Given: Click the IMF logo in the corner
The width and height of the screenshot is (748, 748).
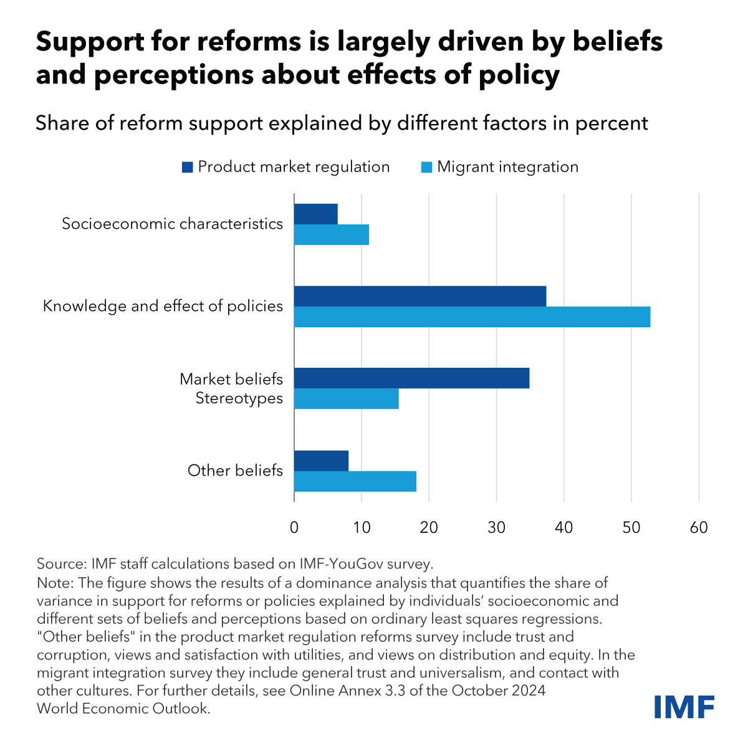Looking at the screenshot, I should [x=684, y=707].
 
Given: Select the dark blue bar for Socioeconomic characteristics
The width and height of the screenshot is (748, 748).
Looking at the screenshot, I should [x=315, y=214].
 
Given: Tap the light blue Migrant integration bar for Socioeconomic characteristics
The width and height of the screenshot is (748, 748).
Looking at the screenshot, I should [x=331, y=234].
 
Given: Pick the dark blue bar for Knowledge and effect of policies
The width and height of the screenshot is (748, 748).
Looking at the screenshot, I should [x=420, y=296].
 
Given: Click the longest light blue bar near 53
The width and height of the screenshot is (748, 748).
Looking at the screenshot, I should [x=472, y=317].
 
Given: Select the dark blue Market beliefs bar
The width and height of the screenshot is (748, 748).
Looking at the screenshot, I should [x=411, y=378].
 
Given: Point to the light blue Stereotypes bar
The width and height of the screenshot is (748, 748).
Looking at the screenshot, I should [x=346, y=399].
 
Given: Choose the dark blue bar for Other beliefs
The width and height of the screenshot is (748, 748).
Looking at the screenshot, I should [x=321, y=461].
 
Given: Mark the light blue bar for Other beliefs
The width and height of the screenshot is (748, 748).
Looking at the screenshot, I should [x=355, y=481].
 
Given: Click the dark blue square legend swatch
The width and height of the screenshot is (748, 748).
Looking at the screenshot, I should [x=187, y=167].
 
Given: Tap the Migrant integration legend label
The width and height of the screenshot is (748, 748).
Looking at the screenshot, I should [x=507, y=167].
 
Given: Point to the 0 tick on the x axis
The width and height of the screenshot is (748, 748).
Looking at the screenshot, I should [x=294, y=527].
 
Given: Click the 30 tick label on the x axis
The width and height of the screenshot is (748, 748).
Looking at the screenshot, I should [x=496, y=527].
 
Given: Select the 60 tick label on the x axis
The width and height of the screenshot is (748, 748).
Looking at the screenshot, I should [x=699, y=527].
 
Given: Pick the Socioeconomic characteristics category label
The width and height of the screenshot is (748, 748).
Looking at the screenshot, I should [x=172, y=224].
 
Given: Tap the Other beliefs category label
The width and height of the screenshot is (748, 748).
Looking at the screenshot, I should [x=235, y=471].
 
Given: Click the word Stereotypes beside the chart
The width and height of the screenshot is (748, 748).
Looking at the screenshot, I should [x=239, y=398].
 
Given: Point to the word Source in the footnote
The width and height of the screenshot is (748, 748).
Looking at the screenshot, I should [x=61, y=564].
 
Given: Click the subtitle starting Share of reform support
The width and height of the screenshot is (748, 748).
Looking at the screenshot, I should [x=342, y=123].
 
